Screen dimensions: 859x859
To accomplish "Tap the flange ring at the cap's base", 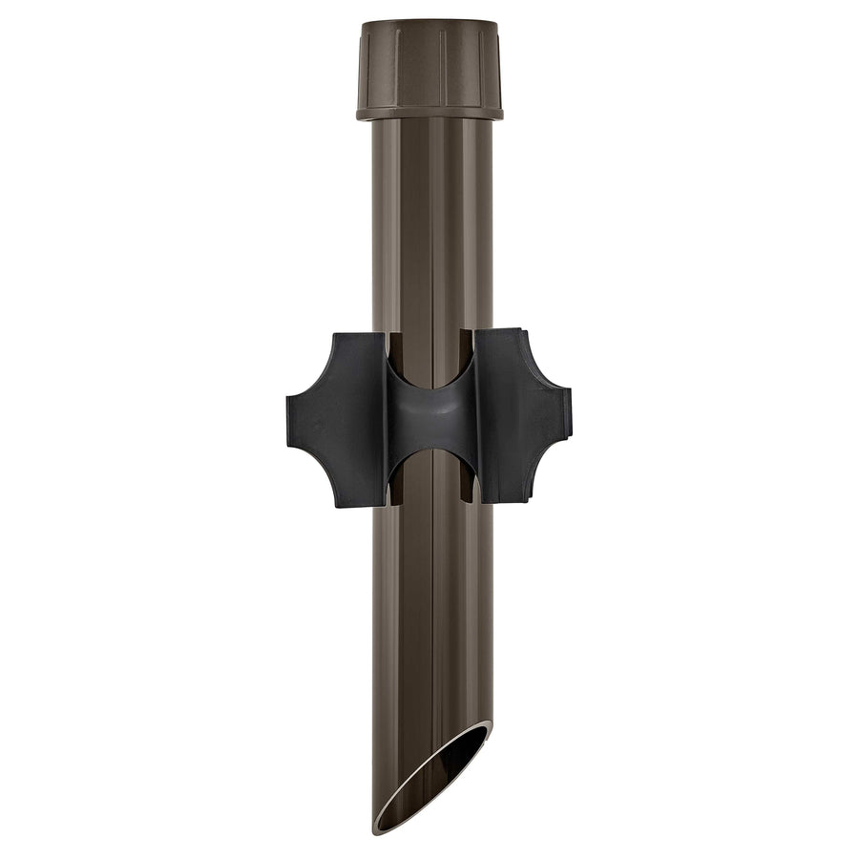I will point(429,113).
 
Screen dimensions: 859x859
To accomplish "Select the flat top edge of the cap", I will point(429,23).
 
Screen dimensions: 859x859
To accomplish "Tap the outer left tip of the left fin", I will point(289,418).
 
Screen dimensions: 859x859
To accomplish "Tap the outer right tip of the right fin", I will point(570,418).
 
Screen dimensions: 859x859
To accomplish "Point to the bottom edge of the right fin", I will point(501,502).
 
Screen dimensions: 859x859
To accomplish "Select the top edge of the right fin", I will point(501,331).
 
